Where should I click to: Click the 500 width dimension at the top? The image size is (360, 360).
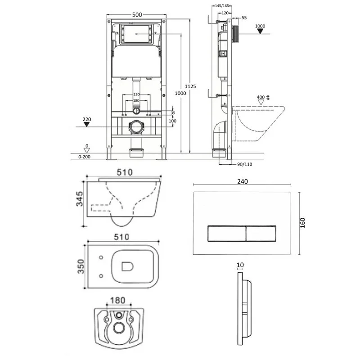click(x=137, y=15)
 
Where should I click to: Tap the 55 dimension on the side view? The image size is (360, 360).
click(x=244, y=18)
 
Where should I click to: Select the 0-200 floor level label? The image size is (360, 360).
click(x=85, y=157)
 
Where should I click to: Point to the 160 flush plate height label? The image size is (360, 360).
click(x=302, y=224)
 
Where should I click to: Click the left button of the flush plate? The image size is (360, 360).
click(x=226, y=234)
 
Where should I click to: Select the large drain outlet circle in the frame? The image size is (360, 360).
click(x=136, y=127)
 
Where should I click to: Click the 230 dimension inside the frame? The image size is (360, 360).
click(x=136, y=94)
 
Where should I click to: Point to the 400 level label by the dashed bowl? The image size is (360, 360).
click(x=261, y=97)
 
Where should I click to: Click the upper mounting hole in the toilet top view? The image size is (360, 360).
click(x=101, y=257)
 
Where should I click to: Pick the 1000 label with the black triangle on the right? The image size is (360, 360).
click(x=260, y=26)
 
